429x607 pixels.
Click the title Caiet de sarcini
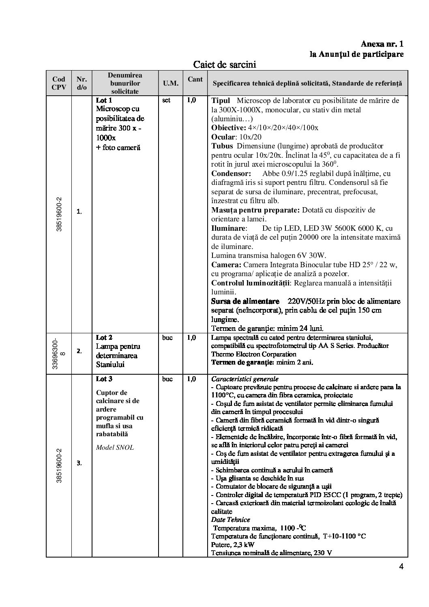point(224,64)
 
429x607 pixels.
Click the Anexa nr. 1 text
point(382,44)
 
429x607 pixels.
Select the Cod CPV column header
point(58,83)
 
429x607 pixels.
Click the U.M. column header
point(170,83)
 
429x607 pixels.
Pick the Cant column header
point(195,79)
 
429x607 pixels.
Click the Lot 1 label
point(104,100)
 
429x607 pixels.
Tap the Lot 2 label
point(104,337)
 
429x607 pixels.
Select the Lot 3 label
point(104,379)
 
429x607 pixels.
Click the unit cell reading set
point(166,100)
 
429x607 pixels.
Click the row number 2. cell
point(79,351)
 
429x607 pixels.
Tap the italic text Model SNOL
point(115,448)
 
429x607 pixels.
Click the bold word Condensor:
point(231,174)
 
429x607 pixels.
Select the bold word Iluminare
point(228,228)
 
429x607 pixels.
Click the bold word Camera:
point(226,265)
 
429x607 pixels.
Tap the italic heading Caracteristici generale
point(245,379)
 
